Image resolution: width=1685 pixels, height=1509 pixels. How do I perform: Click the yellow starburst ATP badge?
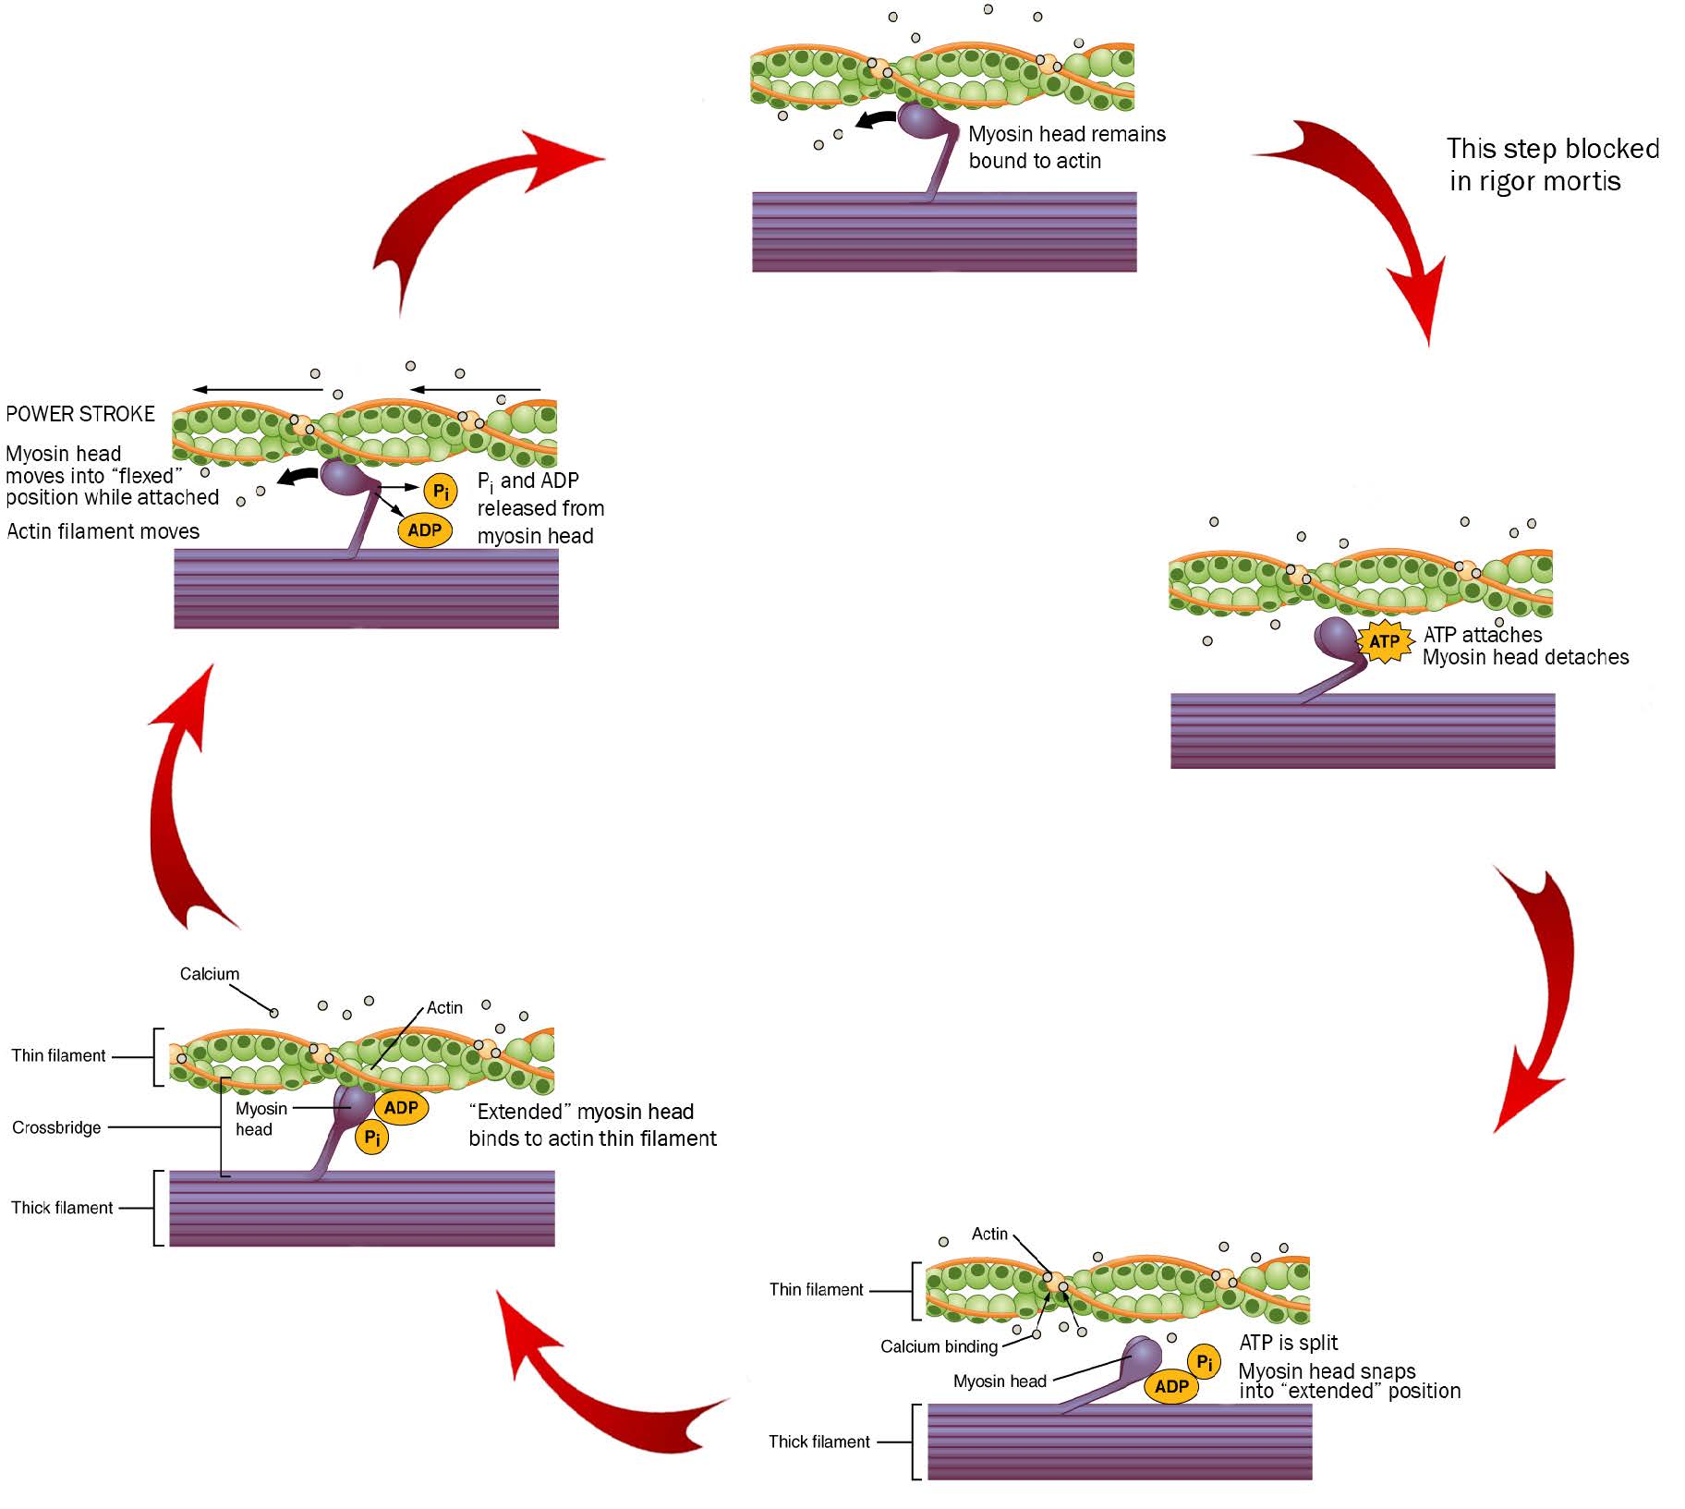1384,640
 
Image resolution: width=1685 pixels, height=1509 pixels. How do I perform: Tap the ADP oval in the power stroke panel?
425,529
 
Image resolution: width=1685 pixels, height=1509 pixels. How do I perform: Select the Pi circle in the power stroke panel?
441,491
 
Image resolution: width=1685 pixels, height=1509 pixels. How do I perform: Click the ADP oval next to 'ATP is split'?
1170,1386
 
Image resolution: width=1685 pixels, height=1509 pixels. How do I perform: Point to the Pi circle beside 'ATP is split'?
1204,1361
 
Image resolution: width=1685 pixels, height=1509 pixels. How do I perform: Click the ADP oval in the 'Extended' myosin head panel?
401,1107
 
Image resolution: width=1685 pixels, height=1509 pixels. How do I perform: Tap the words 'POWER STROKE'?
80,414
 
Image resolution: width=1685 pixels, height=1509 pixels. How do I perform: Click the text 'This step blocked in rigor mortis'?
1551,164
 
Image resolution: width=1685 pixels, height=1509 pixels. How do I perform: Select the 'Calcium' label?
209,974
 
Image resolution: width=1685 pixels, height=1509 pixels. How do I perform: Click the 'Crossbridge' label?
56,1127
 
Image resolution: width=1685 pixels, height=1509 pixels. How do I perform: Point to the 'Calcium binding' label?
939,1346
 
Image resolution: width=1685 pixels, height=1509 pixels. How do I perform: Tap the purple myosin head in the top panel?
920,120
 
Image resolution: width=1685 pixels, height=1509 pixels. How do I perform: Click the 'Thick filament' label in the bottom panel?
818,1442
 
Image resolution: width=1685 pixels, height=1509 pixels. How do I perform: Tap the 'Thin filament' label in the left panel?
58,1055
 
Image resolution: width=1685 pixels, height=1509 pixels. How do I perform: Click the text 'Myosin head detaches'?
1525,658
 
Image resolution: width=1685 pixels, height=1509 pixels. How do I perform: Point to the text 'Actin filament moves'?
103,531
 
